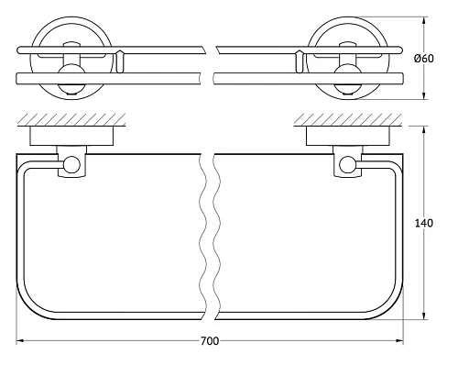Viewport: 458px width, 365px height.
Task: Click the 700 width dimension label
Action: coord(210,340)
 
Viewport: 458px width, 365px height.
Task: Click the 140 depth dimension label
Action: coord(424,223)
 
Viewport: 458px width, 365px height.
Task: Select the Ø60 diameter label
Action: coord(424,58)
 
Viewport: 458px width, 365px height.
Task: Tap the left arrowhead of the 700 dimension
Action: coord(20,340)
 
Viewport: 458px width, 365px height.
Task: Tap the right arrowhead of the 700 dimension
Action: coord(399,340)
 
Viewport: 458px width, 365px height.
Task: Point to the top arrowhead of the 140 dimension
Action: coord(424,130)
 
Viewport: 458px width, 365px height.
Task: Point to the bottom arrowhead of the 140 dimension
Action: coord(424,315)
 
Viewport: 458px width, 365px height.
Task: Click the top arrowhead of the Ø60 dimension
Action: coord(424,22)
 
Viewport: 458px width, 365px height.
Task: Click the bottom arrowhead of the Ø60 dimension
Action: coord(424,94)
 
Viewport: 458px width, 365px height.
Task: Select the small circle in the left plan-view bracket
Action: coord(71,164)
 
